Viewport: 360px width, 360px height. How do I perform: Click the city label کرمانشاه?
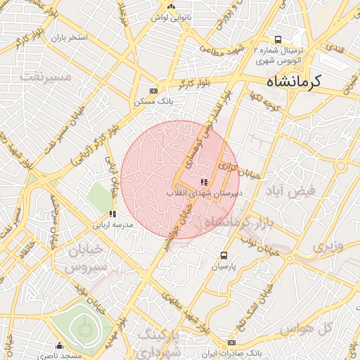click(285, 82)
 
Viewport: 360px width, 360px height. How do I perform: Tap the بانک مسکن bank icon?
click(154, 91)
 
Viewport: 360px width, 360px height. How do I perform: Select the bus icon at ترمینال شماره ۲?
click(278, 39)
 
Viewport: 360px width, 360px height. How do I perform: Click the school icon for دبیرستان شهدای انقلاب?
click(205, 183)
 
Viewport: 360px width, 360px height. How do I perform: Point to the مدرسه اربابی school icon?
click(112, 214)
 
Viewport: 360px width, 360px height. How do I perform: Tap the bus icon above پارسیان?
click(224, 255)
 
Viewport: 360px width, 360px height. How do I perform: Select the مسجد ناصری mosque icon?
click(59, 345)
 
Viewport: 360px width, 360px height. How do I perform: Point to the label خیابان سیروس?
click(84, 258)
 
